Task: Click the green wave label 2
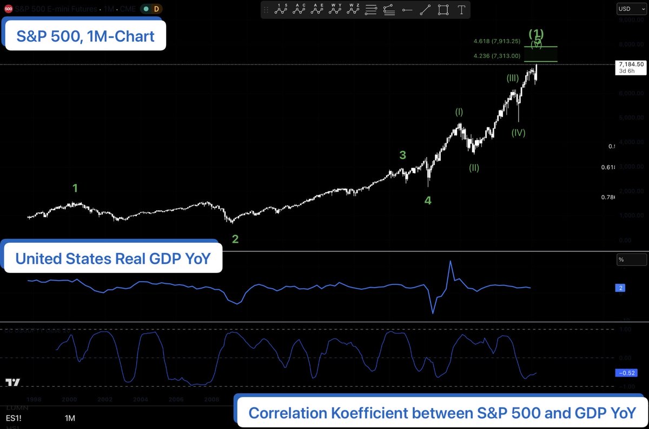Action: point(235,239)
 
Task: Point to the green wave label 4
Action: point(428,200)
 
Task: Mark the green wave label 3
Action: point(402,155)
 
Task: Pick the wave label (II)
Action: point(474,168)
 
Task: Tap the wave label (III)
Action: point(513,79)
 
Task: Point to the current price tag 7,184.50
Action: point(631,64)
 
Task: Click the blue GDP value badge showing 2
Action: point(621,288)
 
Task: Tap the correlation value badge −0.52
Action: point(628,373)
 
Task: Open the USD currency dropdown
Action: point(631,9)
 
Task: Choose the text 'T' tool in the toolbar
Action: point(461,9)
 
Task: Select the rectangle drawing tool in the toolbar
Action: point(443,9)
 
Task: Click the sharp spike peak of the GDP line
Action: point(450,262)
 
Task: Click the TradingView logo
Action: point(13,382)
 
